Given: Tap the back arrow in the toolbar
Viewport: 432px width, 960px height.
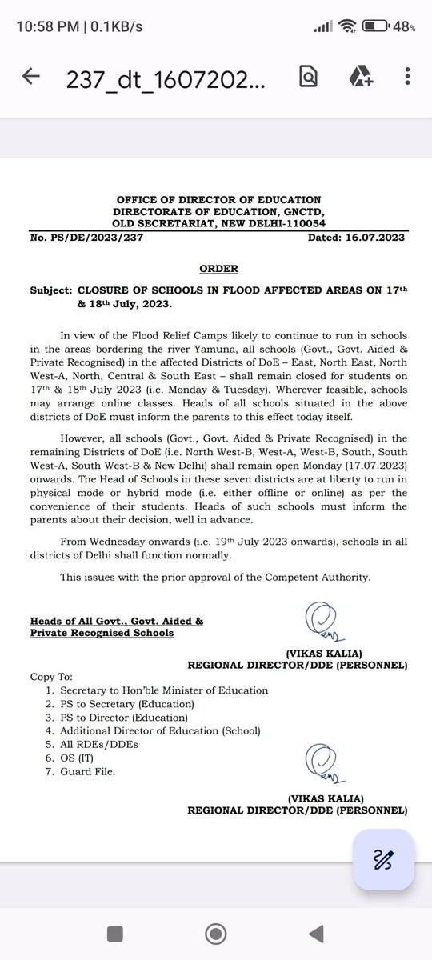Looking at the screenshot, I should (31, 77).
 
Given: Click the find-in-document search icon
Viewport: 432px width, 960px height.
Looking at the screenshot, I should (308, 77).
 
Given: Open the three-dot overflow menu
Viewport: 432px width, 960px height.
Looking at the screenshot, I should (408, 77).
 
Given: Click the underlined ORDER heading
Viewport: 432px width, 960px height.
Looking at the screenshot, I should (218, 269).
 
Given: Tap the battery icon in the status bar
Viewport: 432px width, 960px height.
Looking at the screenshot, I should (375, 26).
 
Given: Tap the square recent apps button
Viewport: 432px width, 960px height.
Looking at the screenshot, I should (115, 933).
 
